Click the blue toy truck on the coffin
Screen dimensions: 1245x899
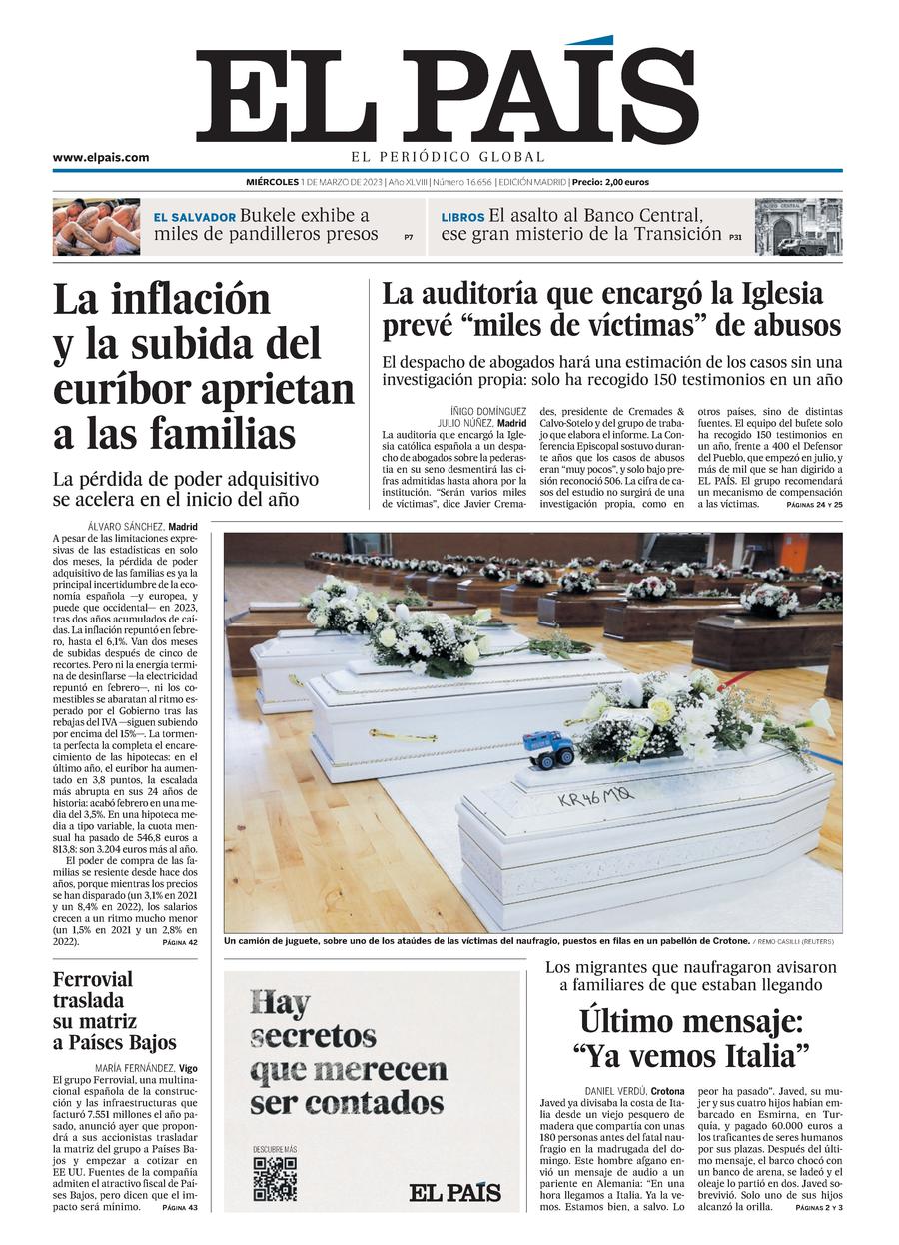pyautogui.click(x=549, y=748)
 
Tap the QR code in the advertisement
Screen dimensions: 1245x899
pyautogui.click(x=274, y=1177)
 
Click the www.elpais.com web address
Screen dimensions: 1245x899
pyautogui.click(x=101, y=157)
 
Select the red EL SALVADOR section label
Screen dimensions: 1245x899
pyautogui.click(x=195, y=217)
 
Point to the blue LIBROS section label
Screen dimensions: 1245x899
pyautogui.click(x=462, y=217)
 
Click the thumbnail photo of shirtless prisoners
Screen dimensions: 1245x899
pyautogui.click(x=97, y=227)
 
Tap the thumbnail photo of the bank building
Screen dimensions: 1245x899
pyautogui.click(x=798, y=227)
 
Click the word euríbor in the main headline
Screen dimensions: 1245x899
pyautogui.click(x=131, y=388)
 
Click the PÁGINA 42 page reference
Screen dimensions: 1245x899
pyautogui.click(x=180, y=942)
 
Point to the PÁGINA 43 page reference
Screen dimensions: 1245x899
pyautogui.click(x=180, y=1207)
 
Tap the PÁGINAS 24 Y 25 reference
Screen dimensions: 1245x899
pyautogui.click(x=814, y=505)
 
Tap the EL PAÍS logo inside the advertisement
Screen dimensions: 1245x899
pyautogui.click(x=454, y=1191)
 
